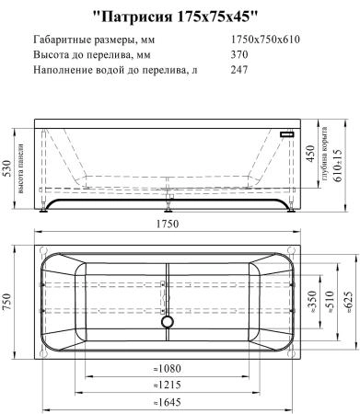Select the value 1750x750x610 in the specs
pos(266,40)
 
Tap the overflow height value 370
pos(240,55)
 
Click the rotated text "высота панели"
pos(22,170)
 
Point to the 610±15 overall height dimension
pos(346,166)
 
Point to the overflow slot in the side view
pos(287,133)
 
